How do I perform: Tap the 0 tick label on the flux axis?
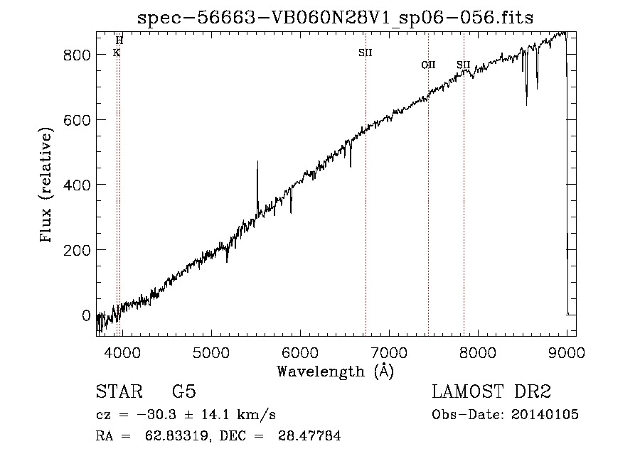click(86, 315)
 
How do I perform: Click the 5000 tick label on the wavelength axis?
click(210, 352)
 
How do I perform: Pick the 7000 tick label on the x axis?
click(388, 352)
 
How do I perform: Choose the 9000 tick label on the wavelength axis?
click(567, 352)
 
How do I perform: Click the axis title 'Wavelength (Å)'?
click(335, 370)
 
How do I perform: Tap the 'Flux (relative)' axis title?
click(48, 185)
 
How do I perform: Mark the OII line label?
click(428, 65)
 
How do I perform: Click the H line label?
click(119, 40)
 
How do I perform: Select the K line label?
click(117, 53)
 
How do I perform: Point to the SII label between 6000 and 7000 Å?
click(366, 53)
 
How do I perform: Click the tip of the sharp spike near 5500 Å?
click(257, 161)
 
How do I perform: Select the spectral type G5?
click(183, 392)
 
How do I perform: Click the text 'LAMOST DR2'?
click(491, 392)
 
